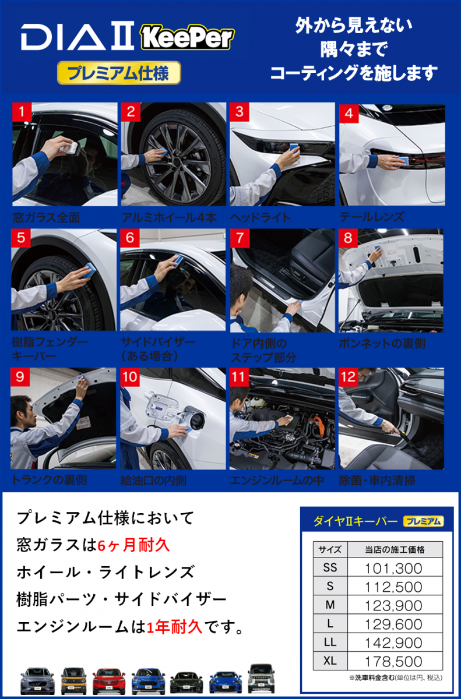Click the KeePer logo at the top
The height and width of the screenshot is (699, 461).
[x=187, y=38]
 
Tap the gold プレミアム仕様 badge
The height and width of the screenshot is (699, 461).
[x=119, y=73]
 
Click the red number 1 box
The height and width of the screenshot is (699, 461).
[x=22, y=112]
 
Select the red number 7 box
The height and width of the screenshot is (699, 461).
[x=240, y=238]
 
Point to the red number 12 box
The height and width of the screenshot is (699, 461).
[x=349, y=377]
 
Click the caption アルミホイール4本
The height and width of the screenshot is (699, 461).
[x=169, y=217]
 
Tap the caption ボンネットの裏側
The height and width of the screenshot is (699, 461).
[x=382, y=344]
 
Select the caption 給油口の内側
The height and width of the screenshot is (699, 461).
[x=153, y=480]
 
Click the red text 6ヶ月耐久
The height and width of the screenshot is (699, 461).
[x=133, y=546]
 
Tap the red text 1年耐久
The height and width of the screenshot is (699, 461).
[x=174, y=627]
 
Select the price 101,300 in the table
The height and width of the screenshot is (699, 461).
[x=393, y=569]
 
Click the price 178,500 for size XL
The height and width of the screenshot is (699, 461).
[x=393, y=662]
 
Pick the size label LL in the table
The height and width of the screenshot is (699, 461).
[x=330, y=642]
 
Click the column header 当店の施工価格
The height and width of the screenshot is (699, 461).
[x=395, y=550]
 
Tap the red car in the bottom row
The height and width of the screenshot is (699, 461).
[x=109, y=680]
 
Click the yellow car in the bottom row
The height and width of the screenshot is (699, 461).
[x=73, y=680]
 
